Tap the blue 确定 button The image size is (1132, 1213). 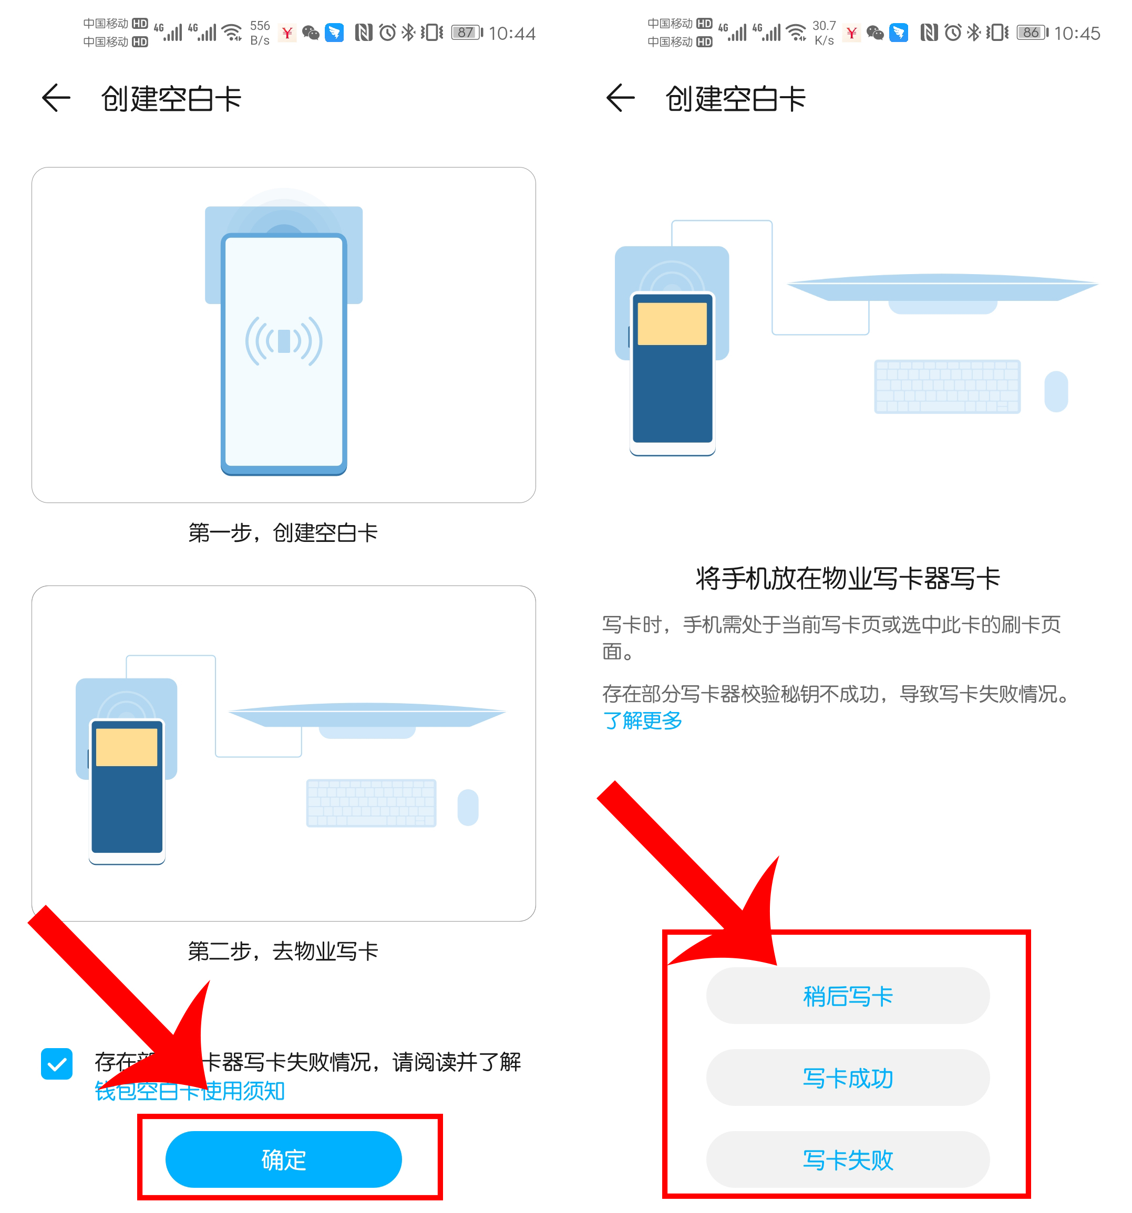283,1159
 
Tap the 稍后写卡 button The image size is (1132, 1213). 848,996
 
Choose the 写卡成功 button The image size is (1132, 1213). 848,1078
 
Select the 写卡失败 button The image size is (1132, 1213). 848,1159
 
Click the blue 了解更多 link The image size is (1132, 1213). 642,720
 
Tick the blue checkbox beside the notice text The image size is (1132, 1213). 57,1064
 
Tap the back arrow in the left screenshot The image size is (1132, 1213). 56,98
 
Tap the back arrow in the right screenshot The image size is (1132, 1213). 620,98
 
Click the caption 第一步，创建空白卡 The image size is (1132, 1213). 283,532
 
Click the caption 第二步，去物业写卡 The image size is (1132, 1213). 283,950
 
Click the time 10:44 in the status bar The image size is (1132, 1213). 512,33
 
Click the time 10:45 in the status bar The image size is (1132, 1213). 1076,33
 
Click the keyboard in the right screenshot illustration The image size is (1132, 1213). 947,386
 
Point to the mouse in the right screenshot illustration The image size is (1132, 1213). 1056,391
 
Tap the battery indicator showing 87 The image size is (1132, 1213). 467,33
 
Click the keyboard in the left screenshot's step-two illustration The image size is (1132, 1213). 371,802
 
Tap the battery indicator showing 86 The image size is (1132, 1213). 1032,33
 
